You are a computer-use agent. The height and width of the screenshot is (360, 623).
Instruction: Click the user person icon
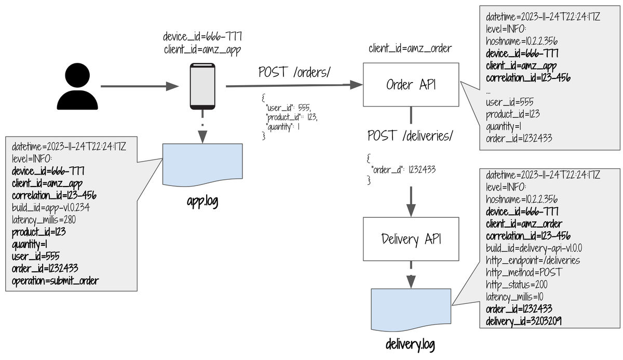[x=77, y=87]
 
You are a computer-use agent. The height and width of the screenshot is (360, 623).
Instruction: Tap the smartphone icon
[x=202, y=86]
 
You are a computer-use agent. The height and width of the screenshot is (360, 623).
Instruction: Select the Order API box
[x=411, y=85]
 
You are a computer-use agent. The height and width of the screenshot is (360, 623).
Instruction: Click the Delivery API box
[x=411, y=239]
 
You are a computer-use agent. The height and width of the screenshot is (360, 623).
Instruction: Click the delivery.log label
[x=410, y=344]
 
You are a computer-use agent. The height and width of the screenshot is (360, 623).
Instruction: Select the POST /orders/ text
[x=294, y=73]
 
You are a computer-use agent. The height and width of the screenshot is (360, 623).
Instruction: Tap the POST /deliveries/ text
[x=410, y=136]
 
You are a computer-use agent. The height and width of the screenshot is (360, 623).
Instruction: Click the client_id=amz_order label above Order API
[x=410, y=49]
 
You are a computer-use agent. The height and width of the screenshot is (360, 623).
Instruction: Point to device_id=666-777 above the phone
[x=202, y=37]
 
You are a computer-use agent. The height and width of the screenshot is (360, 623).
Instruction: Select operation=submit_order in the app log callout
[x=55, y=281]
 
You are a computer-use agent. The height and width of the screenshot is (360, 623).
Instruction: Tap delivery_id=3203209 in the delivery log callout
[x=523, y=322]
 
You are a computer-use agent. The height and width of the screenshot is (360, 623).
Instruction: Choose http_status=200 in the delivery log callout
[x=517, y=284]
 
